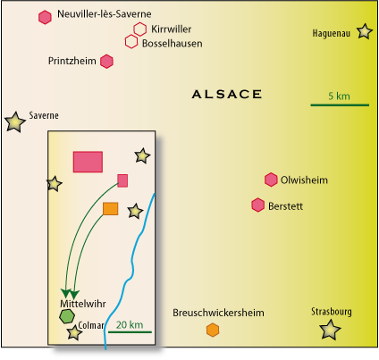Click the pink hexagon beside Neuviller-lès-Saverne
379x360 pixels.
point(45,17)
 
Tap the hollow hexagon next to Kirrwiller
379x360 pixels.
point(139,29)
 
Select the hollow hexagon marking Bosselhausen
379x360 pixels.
point(131,42)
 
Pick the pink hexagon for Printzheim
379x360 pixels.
point(106,62)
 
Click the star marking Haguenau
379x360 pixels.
point(365,31)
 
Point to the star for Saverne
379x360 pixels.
point(14,122)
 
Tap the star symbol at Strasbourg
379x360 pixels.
point(330,330)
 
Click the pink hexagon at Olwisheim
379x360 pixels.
point(271,180)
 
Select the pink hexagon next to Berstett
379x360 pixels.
point(257,205)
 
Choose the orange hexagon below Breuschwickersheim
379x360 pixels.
point(213,330)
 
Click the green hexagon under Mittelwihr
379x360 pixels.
point(67,316)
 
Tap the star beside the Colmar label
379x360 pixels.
point(74,332)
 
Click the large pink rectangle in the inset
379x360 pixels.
point(88,162)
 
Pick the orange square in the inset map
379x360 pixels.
point(111,209)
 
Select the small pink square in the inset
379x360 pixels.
point(122,180)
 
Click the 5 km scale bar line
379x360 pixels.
point(340,105)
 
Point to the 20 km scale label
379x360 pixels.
point(130,324)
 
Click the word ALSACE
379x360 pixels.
point(227,95)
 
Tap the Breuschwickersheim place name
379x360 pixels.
point(218,313)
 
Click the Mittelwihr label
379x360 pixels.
point(83,304)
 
